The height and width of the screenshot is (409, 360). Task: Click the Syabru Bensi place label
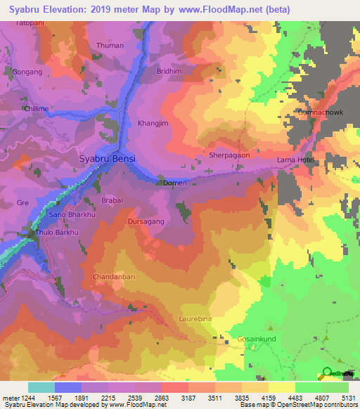[106, 159]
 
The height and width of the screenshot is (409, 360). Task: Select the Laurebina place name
[193, 319]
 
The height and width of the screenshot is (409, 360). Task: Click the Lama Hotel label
[295, 160]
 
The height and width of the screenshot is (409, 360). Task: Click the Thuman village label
[109, 46]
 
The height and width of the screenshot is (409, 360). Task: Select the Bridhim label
[169, 72]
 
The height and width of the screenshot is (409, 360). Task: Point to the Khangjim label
[153, 123]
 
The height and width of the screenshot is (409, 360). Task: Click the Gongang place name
[27, 72]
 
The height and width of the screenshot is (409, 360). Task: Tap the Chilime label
[37, 109]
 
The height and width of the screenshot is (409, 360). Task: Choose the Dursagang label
[146, 221]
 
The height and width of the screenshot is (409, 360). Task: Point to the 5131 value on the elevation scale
[349, 398]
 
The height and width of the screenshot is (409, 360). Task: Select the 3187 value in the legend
[189, 398]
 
